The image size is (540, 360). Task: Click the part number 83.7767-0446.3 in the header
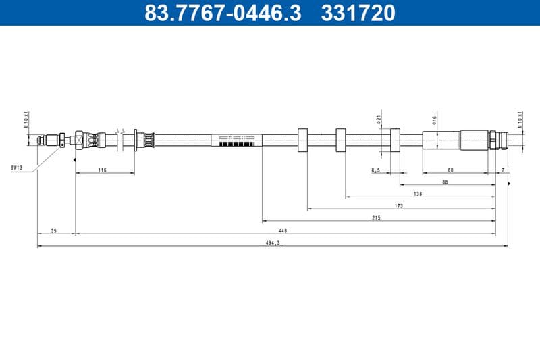(223, 12)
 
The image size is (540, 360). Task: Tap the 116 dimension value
(102, 170)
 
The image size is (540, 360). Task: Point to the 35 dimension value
(54, 231)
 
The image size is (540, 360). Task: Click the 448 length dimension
(283, 231)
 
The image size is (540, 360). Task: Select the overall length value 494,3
(273, 243)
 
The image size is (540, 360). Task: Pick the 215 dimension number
(376, 218)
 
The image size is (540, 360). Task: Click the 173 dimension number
(398, 206)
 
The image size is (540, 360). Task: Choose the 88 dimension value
(445, 182)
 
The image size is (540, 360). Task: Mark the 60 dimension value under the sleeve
(450, 170)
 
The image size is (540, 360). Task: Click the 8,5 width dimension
(375, 170)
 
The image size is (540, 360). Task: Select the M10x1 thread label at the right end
(520, 120)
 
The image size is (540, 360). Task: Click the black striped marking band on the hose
(237, 144)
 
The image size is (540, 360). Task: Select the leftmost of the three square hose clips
(302, 139)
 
